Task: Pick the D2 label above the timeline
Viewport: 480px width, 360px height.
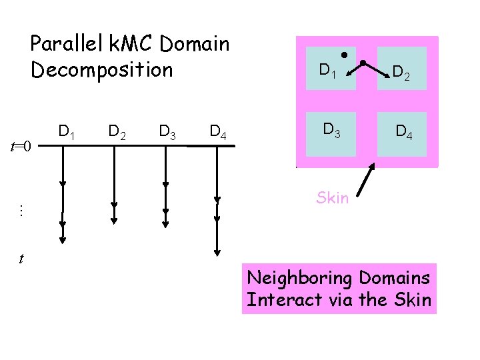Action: pyautogui.click(x=117, y=132)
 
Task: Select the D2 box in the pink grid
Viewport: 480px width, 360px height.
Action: pyautogui.click(x=401, y=69)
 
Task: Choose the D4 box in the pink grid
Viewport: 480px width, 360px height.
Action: pyautogui.click(x=401, y=129)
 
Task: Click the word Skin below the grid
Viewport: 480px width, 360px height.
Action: pyautogui.click(x=332, y=197)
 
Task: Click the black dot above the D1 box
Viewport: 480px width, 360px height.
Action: pyautogui.click(x=345, y=53)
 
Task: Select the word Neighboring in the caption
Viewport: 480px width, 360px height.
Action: pyautogui.click(x=300, y=277)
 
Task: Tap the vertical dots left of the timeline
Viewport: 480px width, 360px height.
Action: pyautogui.click(x=21, y=211)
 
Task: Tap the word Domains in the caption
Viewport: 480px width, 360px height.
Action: pyautogui.click(x=395, y=277)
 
